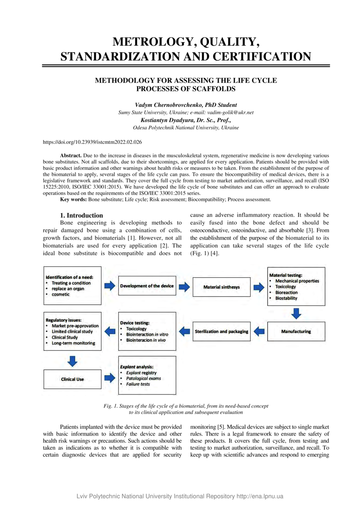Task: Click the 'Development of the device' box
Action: click(147, 286)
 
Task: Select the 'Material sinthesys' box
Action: click(222, 287)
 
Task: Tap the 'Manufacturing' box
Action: click(296, 331)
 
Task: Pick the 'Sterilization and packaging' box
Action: click(222, 331)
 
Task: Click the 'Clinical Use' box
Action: click(72, 379)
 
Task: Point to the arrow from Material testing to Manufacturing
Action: click(296, 313)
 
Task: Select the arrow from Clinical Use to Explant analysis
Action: click(110, 378)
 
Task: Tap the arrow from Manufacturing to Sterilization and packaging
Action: click(259, 331)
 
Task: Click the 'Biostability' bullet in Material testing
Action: click(286, 298)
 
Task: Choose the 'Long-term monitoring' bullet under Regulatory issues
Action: click(73, 343)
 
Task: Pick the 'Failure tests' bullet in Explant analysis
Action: click(138, 384)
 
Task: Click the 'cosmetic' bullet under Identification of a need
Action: click(60, 294)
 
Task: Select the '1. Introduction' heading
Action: click(81, 215)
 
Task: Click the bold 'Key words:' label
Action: click(74, 199)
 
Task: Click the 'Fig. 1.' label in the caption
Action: click(111, 406)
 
